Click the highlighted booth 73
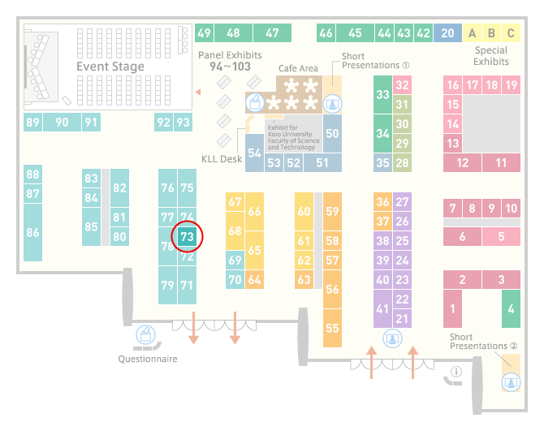187,236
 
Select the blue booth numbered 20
447,33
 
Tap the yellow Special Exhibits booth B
491,33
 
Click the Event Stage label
110,67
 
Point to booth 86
33,232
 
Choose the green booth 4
511,308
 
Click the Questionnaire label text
148,359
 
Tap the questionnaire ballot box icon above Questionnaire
145,335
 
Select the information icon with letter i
456,372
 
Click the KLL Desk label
222,159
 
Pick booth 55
332,328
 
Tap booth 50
332,134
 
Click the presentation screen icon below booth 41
392,338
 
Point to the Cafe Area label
298,68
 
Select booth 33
382,94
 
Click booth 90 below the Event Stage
62,122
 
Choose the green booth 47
272,33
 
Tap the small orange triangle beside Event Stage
198,92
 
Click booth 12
463,162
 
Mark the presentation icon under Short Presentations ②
511,382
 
